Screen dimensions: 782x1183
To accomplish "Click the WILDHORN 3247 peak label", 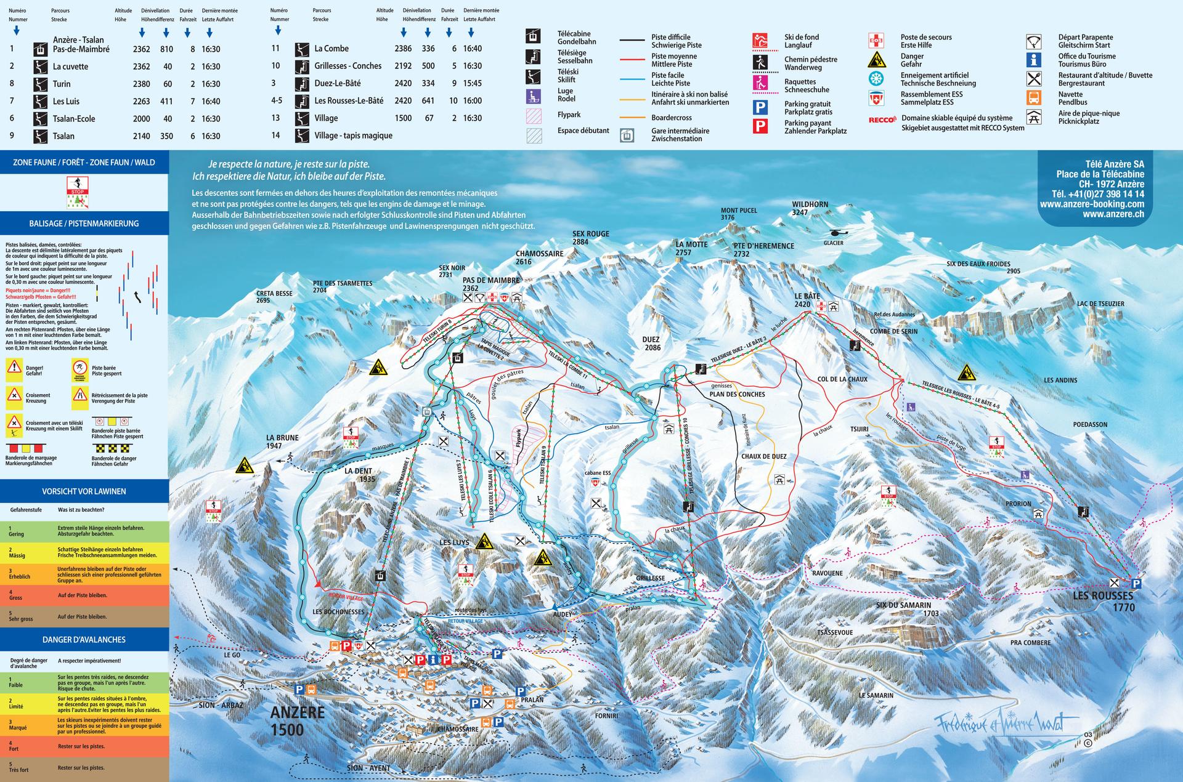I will pos(810,208).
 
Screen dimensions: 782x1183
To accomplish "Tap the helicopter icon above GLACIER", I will pos(839,233).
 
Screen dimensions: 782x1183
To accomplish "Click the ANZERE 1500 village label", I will pos(297,721).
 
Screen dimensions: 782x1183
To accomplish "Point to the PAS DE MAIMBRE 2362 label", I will pos(490,284).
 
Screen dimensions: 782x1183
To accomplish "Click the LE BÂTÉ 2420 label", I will pos(807,300).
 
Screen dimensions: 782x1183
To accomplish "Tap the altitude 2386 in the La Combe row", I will pos(403,49).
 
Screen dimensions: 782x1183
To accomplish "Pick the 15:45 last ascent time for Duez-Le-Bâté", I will pos(472,83).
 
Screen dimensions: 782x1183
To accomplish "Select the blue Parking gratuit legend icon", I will pos(760,108).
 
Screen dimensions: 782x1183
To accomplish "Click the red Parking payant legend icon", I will pos(760,127).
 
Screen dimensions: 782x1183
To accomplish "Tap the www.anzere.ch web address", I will pos(1113,214).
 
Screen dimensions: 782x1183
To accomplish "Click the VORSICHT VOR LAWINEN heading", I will pos(84,491).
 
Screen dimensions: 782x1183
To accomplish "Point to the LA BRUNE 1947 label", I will pos(282,441).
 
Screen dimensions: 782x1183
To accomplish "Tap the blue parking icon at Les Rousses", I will pos(1136,583).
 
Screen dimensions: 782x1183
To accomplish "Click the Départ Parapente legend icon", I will pos(1033,41).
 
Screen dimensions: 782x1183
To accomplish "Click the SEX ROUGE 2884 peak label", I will pos(590,238).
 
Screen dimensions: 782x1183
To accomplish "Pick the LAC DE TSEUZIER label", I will pos(1100,304).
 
